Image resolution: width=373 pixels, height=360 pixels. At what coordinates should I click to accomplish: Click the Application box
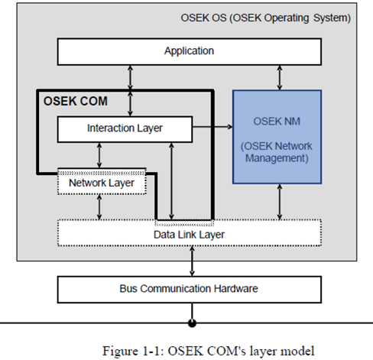190,52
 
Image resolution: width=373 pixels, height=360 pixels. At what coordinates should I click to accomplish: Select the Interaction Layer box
125,129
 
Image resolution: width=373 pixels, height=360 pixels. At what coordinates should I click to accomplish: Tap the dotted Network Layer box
102,181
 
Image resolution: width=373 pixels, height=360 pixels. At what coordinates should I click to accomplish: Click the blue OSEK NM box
277,137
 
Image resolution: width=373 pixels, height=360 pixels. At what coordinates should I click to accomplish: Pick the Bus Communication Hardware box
190,290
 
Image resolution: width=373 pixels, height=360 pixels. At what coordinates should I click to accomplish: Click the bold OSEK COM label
76,101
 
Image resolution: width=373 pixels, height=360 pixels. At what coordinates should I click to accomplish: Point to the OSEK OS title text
266,18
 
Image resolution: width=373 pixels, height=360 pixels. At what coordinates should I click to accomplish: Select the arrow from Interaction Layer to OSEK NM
212,127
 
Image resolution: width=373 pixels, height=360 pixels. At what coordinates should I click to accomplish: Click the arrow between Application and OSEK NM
280,78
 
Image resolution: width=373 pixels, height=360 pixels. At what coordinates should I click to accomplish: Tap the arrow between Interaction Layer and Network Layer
99,155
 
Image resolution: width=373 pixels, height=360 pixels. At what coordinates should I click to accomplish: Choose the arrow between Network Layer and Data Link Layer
99,207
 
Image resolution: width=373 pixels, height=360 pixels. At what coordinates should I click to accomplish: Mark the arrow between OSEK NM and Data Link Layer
280,202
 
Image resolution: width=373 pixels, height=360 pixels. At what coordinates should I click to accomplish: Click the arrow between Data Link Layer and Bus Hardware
192,261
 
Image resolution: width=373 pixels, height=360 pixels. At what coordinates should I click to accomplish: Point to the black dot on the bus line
192,323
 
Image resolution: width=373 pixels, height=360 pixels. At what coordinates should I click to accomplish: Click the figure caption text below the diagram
209,351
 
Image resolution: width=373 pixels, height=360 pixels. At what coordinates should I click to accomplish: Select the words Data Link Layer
189,235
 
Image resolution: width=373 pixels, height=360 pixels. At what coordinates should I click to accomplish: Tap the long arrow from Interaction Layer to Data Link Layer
171,181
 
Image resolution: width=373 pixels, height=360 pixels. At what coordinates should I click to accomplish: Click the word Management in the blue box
277,158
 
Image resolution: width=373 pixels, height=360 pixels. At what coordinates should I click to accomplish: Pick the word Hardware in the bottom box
235,289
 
